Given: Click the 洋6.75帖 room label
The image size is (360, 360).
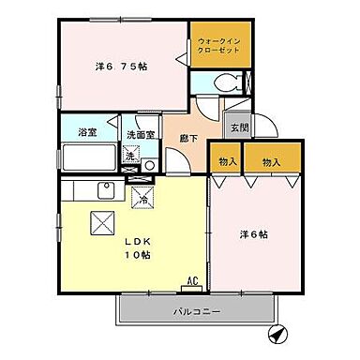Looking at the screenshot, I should coord(121,67).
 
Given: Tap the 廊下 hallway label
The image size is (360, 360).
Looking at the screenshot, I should coord(187,138).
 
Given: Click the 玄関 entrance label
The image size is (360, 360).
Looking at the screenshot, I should coord(238,128).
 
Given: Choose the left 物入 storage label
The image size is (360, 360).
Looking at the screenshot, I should coord(226,162).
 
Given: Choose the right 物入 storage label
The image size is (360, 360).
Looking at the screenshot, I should coord(273,162).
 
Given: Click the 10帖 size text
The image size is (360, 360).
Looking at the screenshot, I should coord(139,255).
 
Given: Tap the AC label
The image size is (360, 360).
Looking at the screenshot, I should coord(192,281).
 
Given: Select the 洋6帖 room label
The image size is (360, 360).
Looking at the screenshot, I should coord(252,234).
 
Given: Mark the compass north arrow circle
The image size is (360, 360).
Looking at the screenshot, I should coord(278,334).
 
